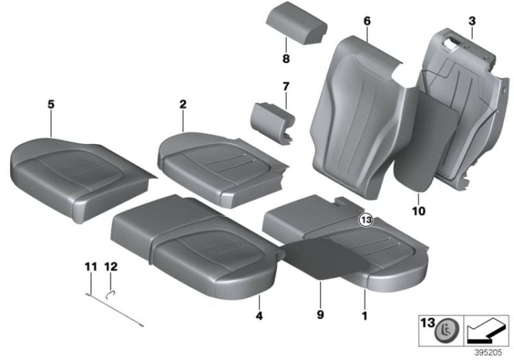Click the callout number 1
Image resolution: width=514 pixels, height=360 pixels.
(x=364, y=316)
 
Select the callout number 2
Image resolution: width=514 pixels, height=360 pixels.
(x=183, y=104)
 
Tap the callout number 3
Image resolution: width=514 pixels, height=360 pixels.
(x=472, y=22)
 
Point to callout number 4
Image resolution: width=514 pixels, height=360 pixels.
(x=258, y=316)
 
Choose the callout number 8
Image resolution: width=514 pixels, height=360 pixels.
(x=286, y=59)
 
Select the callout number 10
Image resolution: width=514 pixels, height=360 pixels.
(x=419, y=211)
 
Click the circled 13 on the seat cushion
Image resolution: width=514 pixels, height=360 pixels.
(x=366, y=220)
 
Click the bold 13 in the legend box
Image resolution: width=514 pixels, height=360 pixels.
(x=427, y=322)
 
